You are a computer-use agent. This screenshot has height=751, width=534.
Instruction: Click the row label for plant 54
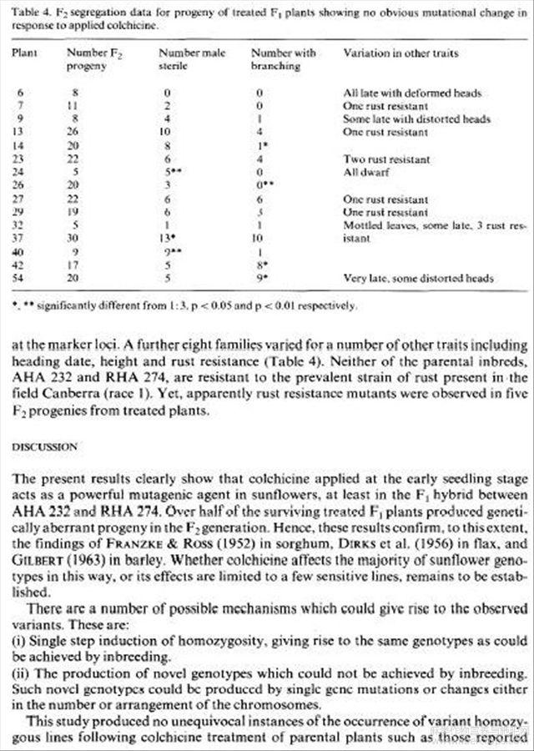(x=18, y=278)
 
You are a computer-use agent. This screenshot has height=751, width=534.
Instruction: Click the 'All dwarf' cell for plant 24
(x=361, y=171)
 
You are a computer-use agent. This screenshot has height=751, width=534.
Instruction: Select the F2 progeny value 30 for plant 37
(x=75, y=238)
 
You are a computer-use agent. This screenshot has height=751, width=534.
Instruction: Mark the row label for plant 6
(x=18, y=93)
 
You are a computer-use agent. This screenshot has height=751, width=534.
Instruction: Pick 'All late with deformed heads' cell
(x=412, y=93)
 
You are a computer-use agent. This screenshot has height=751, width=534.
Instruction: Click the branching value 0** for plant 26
(x=264, y=184)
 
